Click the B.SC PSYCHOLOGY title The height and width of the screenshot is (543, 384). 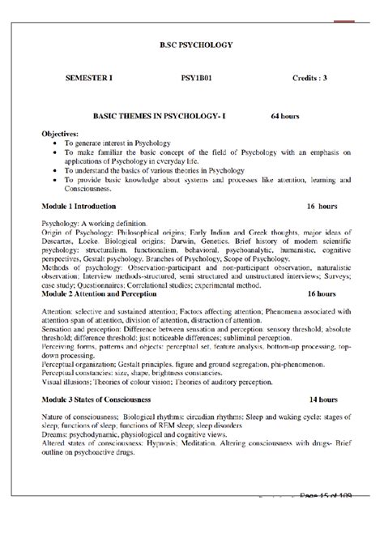point(192,43)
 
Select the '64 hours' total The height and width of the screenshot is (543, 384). point(286,117)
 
